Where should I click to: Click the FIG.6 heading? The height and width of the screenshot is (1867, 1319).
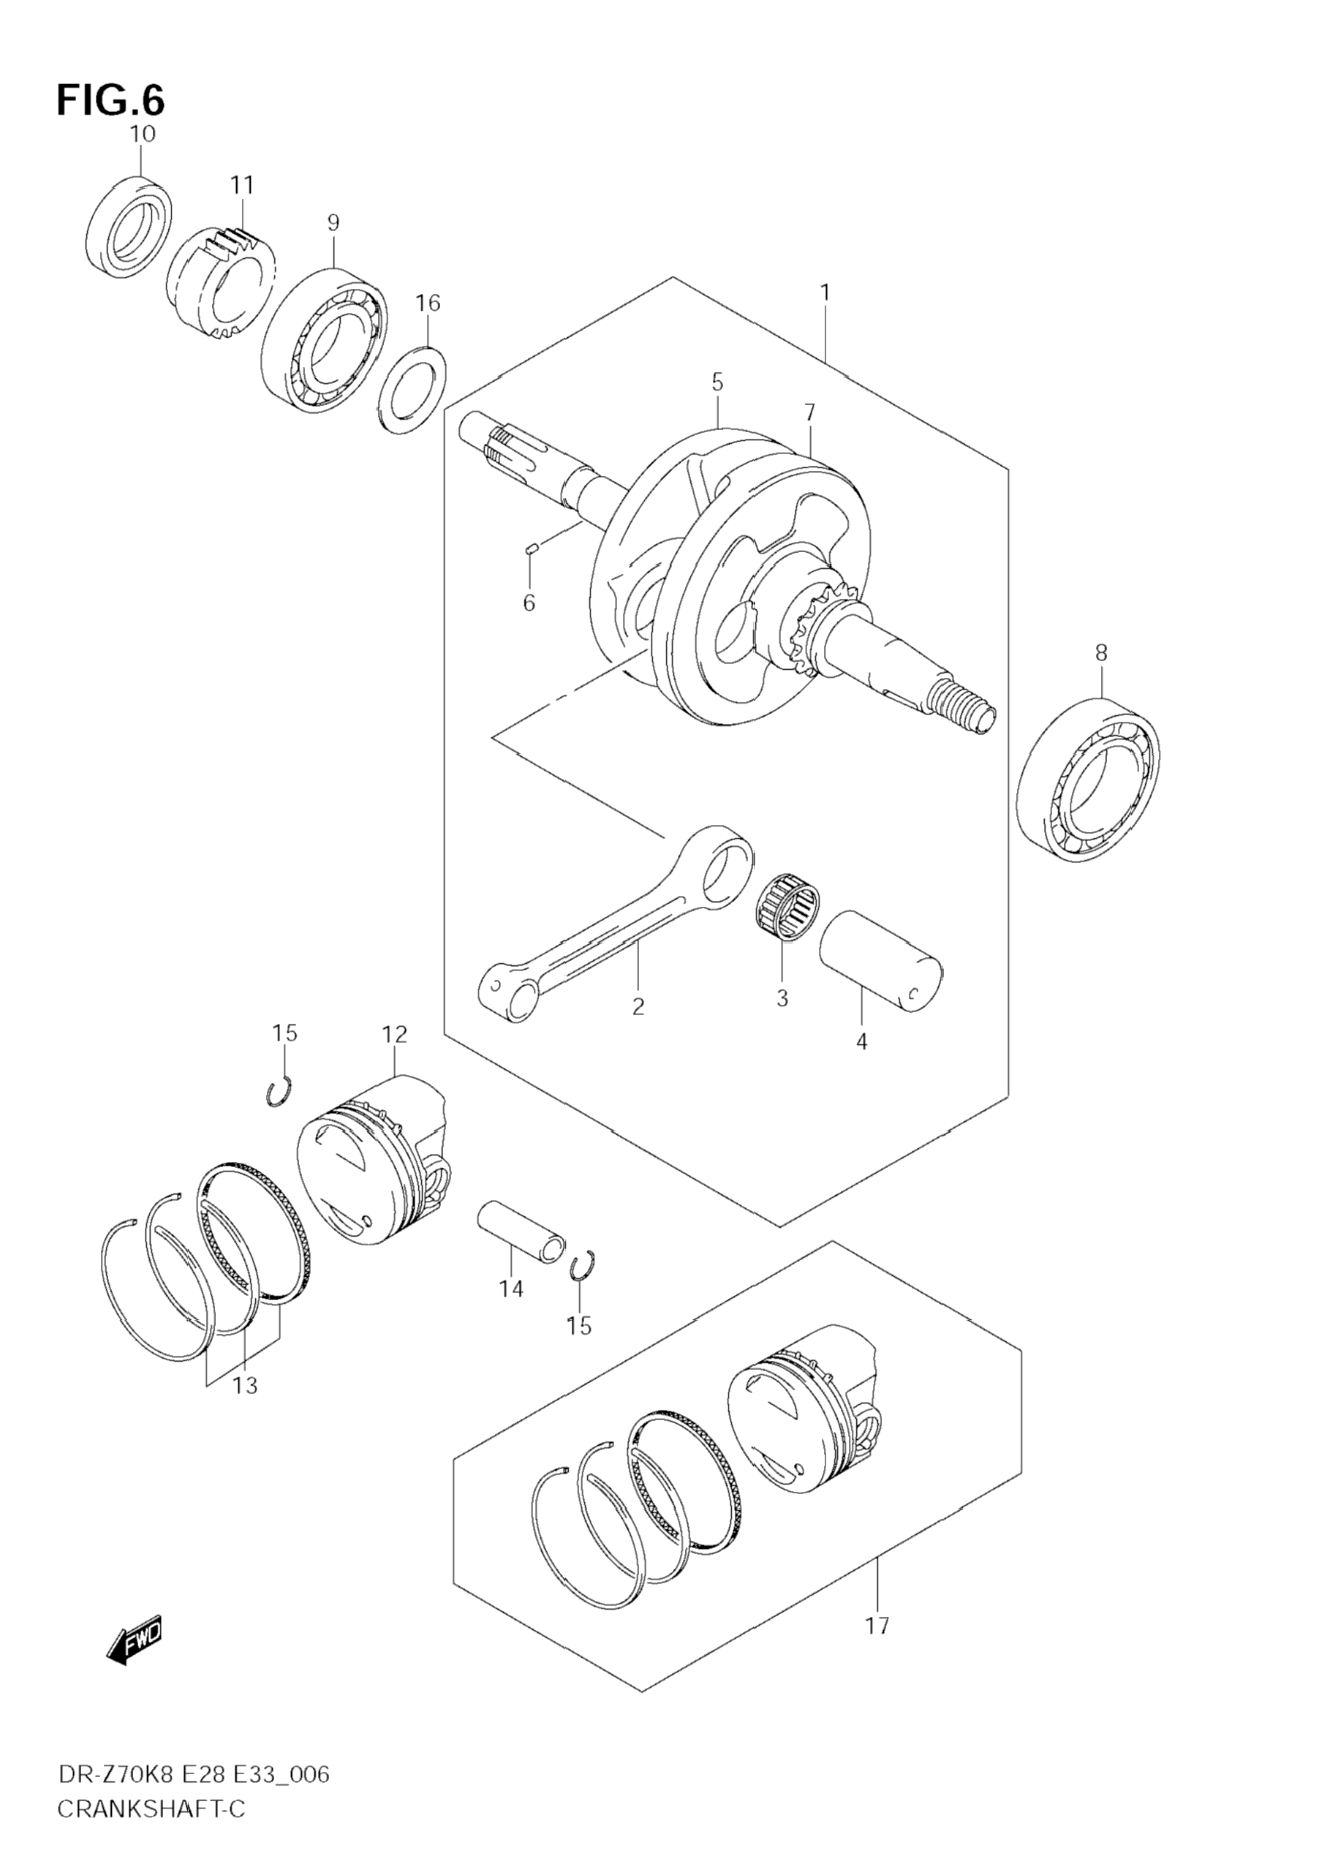(110, 101)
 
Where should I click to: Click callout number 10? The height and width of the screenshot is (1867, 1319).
(142, 134)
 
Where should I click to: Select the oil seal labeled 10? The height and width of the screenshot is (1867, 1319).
(129, 227)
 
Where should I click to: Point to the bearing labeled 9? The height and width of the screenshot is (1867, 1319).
(325, 339)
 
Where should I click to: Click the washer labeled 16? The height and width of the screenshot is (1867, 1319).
(415, 390)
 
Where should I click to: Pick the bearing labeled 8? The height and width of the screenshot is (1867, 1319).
(1089, 779)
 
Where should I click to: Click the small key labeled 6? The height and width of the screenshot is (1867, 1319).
(529, 549)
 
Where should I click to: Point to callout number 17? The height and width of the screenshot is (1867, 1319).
(877, 1626)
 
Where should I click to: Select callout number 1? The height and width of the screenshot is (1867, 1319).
(825, 293)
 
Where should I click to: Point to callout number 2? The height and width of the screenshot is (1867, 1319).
(638, 1007)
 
